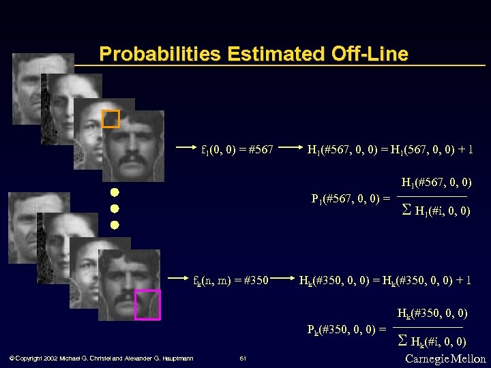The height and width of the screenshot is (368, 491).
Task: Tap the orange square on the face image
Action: pos(110,119)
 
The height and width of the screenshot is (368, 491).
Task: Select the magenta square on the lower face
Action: pos(147,304)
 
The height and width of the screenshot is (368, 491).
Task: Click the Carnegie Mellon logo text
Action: pos(445,358)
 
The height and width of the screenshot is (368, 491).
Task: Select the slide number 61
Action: pos(243,358)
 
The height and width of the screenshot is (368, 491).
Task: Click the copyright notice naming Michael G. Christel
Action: pos(101,358)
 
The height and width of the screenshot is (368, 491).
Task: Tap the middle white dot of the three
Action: pos(115,208)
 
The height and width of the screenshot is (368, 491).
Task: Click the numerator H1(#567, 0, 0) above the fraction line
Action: pos(436,183)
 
